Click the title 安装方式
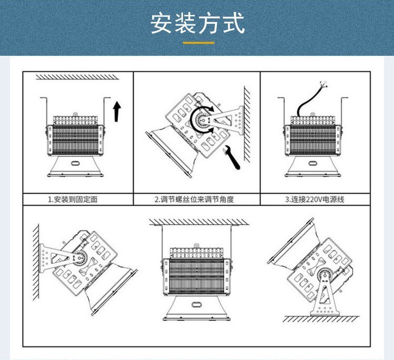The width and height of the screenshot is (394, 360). (x=198, y=23)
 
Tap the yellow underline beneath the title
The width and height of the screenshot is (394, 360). (x=199, y=43)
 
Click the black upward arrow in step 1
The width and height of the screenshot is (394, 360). (x=117, y=111)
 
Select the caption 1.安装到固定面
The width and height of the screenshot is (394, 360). (x=72, y=199)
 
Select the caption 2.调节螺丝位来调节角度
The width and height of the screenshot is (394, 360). (x=194, y=199)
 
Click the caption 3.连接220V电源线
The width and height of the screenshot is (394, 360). (x=315, y=199)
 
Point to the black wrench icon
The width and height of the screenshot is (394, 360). (x=232, y=157)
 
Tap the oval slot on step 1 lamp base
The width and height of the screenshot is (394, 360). (x=75, y=163)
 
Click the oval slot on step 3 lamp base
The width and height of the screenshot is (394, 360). (x=313, y=163)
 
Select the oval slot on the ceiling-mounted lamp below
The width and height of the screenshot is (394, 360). (x=196, y=304)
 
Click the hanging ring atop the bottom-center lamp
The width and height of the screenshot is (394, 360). (x=196, y=245)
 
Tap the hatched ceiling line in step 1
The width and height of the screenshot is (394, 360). (x=77, y=77)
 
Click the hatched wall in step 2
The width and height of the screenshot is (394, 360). (x=247, y=124)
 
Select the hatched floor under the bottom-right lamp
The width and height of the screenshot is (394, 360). (x=321, y=319)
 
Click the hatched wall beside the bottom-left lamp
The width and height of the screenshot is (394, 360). (x=36, y=262)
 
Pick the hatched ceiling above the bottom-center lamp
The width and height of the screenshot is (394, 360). (x=199, y=222)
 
